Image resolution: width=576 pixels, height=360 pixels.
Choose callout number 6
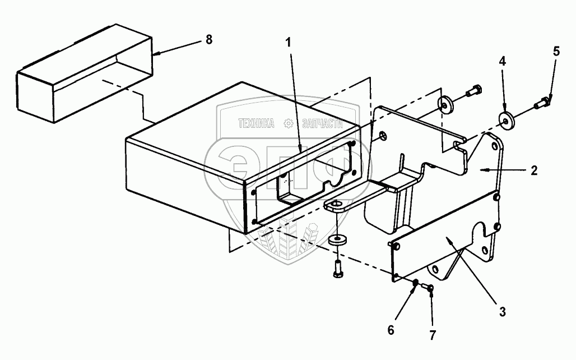pyautogui.click(x=391, y=330)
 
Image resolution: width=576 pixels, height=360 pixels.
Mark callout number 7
pyautogui.click(x=433, y=336)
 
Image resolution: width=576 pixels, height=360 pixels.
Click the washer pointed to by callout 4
pyautogui.click(x=506, y=120)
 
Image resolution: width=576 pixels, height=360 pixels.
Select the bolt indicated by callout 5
pyautogui.click(x=542, y=104)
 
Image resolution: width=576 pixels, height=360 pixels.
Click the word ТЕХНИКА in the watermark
pyautogui.click(x=257, y=124)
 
